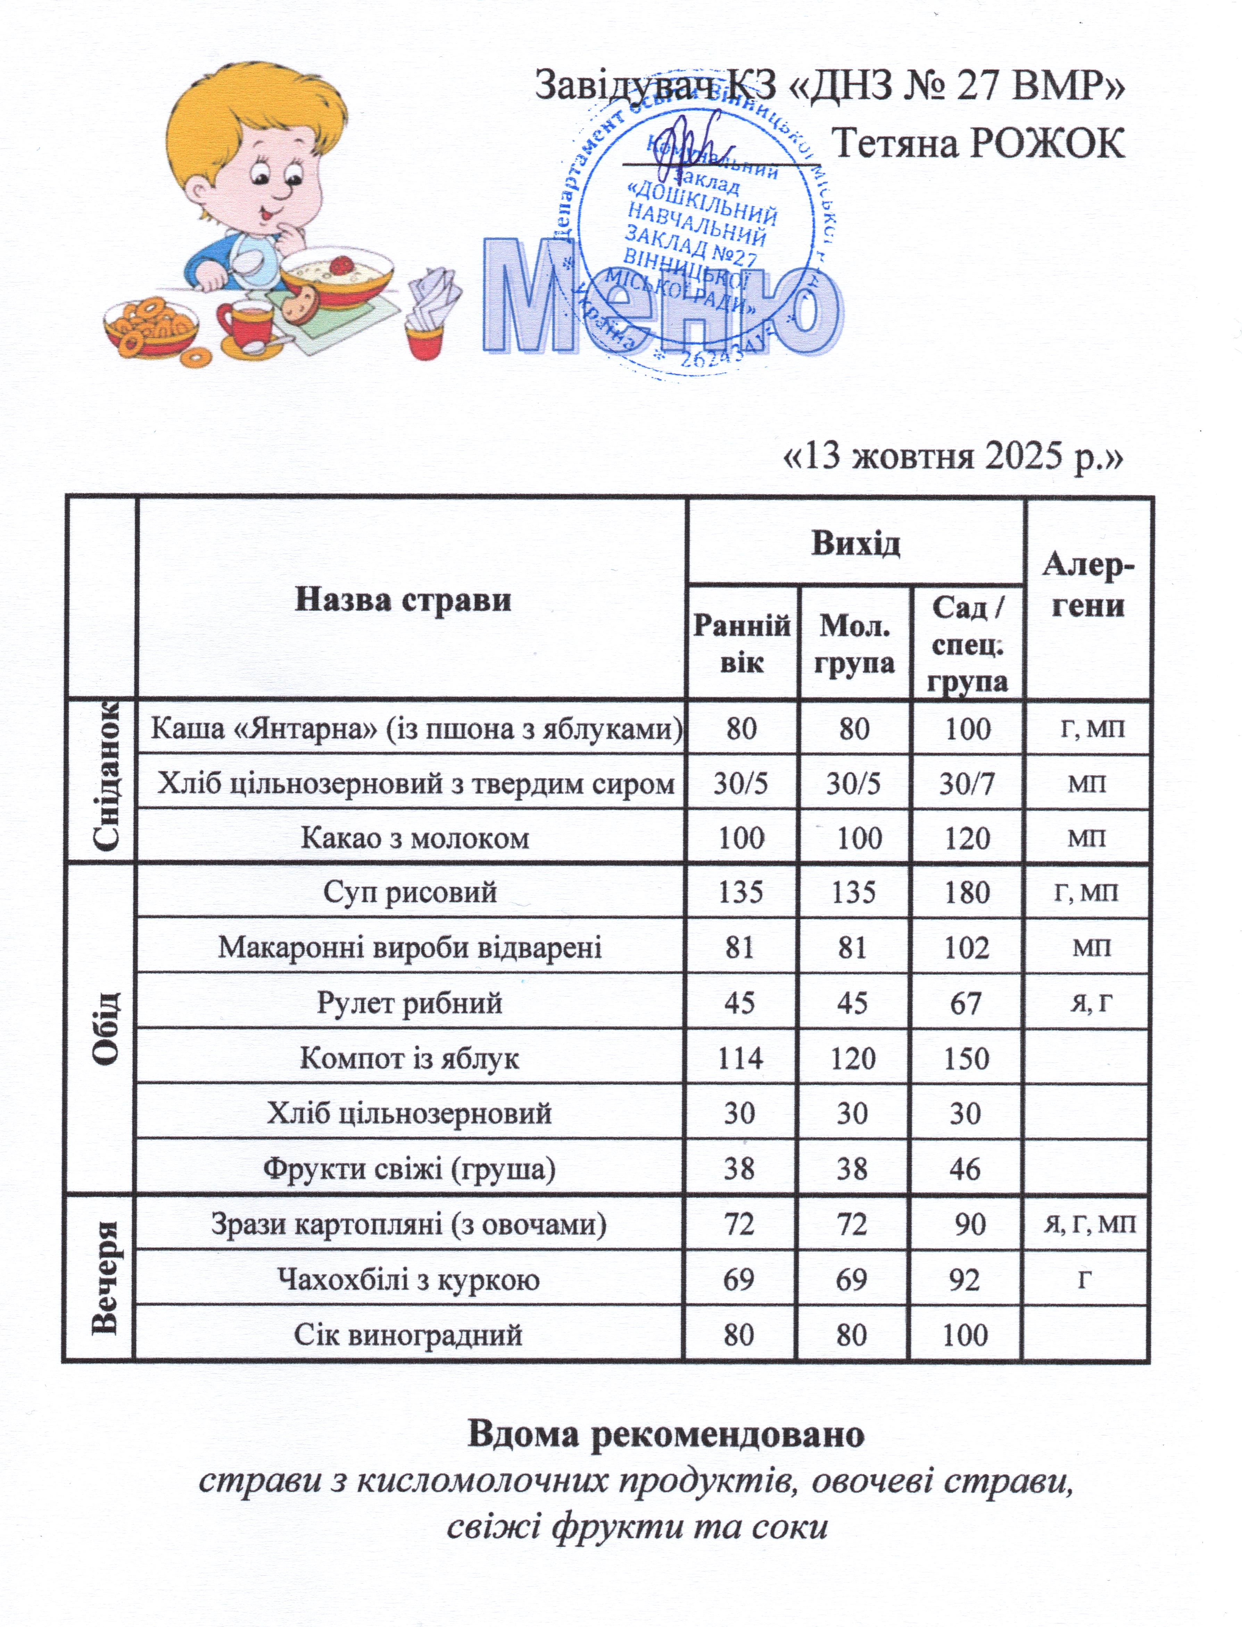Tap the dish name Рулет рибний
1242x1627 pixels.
click(x=409, y=1003)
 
